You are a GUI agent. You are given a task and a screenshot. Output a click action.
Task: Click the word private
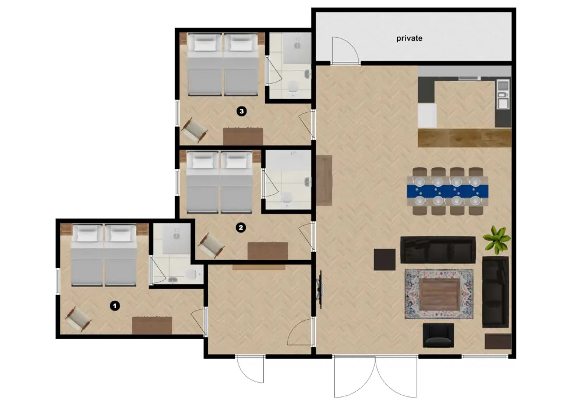point(410,38)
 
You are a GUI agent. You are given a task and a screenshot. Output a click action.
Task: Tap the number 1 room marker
point(115,306)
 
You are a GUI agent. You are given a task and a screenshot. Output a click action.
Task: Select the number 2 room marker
point(241,227)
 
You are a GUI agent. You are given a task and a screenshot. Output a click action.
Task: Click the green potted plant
point(496,239)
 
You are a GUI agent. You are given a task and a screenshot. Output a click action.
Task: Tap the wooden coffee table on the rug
point(439,293)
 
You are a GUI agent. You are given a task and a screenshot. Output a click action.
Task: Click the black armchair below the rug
point(438,335)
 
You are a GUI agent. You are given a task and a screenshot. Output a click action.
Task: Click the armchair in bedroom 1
point(78,319)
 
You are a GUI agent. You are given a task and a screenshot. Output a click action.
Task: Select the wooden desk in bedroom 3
point(243,136)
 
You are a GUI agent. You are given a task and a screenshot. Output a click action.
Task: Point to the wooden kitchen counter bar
point(464,137)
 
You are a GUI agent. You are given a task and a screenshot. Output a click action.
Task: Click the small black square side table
point(384,259)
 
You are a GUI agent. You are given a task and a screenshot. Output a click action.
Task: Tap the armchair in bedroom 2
point(211,245)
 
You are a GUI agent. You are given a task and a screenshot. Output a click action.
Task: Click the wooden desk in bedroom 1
point(152,325)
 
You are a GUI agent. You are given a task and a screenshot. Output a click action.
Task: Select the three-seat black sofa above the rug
point(438,250)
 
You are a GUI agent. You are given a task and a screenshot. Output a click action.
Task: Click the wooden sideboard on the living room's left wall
point(324,180)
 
